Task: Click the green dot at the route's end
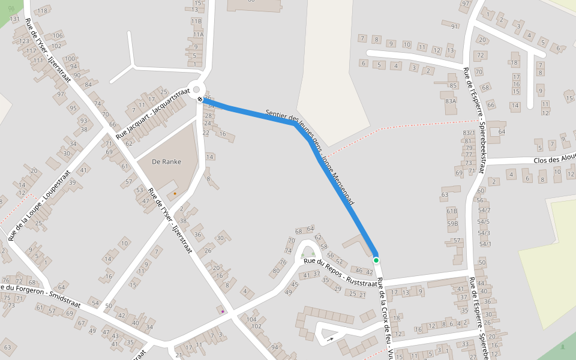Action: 376,260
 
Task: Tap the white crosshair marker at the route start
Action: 200,99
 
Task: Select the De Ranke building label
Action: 166,161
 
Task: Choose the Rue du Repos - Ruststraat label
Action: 340,272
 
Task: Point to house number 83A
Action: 451,101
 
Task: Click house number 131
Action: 14,19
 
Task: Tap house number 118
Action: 42,11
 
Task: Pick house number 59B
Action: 452,223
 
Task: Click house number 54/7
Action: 484,210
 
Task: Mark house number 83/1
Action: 469,133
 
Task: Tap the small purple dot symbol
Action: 223,311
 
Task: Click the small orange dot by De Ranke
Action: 175,194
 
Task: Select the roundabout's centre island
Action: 197,89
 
